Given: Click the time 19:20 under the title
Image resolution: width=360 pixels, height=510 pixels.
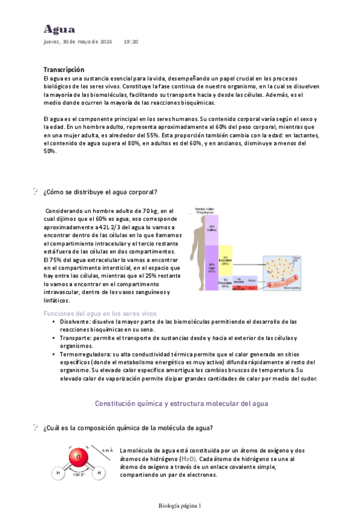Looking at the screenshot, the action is [x=131, y=42].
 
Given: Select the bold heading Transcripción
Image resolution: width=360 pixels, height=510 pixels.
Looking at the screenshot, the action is [x=64, y=70].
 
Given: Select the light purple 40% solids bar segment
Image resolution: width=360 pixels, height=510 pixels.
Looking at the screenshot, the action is [x=212, y=230].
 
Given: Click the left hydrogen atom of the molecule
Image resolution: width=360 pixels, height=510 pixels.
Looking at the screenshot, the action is [x=59, y=473].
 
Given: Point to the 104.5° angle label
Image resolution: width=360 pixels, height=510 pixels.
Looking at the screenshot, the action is [x=78, y=475].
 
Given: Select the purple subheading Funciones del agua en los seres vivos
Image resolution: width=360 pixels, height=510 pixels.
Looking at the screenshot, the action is [x=100, y=313].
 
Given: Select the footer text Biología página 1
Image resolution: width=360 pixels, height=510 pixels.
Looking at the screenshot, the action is [x=180, y=506].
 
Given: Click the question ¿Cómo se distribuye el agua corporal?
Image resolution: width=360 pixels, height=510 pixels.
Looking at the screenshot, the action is [x=100, y=192].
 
